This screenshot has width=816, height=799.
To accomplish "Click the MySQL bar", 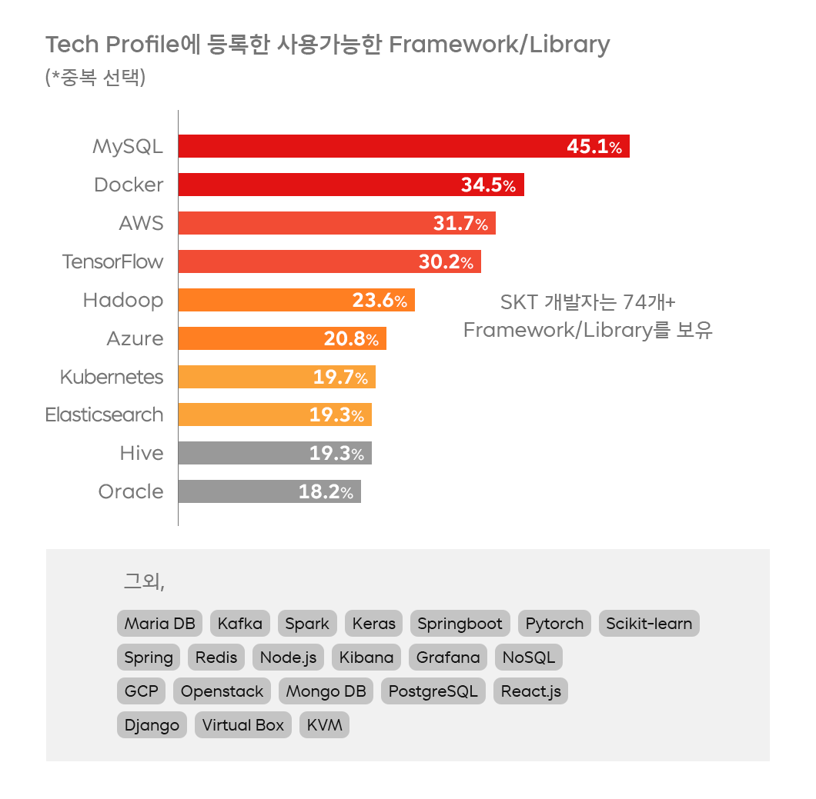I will [370, 146].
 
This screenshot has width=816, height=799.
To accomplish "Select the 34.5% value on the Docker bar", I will [488, 185].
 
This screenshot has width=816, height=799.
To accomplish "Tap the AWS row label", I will [141, 223].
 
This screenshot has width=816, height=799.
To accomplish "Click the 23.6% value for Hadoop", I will [380, 300].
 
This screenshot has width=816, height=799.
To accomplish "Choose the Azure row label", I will [135, 338].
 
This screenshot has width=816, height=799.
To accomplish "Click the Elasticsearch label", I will [105, 415].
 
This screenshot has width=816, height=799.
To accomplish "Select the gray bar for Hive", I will [239, 454].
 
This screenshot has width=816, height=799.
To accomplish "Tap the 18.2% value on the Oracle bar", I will [326, 492].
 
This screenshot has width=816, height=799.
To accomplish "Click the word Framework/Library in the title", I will [499, 45].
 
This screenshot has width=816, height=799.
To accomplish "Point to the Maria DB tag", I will [160, 624].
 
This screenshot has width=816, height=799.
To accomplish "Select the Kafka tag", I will [240, 624].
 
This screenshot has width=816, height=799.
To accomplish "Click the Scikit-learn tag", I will [649, 624].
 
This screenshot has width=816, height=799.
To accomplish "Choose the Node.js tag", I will [288, 658].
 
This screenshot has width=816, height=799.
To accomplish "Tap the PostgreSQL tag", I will [433, 691].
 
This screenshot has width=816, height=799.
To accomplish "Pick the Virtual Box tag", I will [243, 725].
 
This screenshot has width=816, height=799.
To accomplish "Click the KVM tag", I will [324, 725].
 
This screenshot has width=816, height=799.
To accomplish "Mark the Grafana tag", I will [448, 658].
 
